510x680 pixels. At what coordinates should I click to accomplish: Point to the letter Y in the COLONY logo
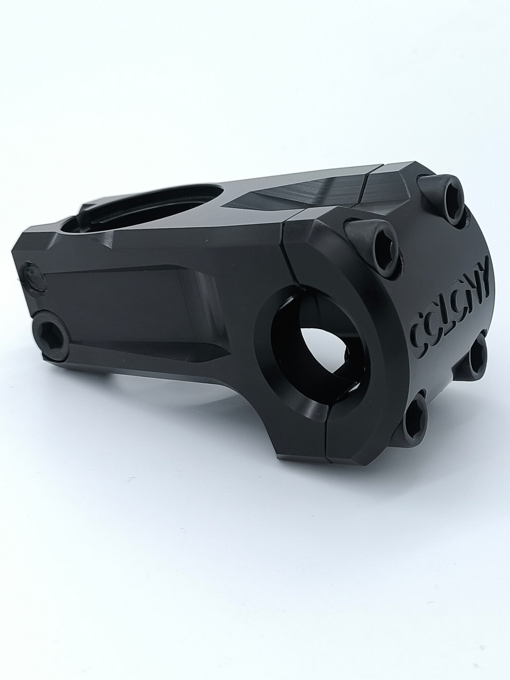click(x=483, y=272)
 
